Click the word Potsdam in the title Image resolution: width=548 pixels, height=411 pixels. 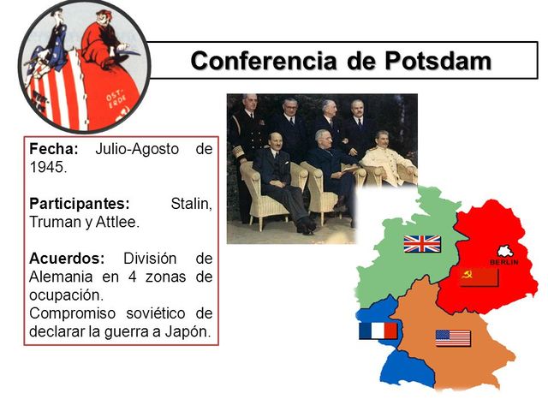437,61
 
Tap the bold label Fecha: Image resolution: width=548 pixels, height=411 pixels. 54,149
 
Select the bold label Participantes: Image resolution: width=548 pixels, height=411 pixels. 80,204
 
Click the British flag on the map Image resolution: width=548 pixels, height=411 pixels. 422,243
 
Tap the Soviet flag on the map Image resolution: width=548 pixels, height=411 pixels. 479,277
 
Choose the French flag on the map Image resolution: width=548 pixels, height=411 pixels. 378,331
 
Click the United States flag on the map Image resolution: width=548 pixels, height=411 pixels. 453,338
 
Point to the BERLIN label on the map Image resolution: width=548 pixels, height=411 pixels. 504,261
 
